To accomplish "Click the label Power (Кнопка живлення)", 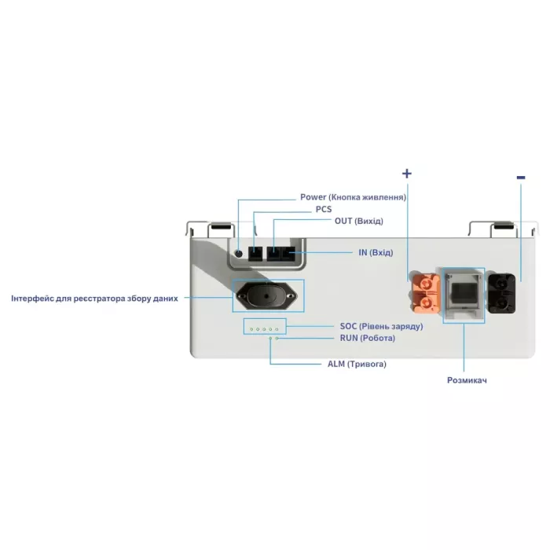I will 353,196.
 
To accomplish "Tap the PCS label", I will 324,209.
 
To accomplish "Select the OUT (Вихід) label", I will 358,222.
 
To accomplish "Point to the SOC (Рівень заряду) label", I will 381,325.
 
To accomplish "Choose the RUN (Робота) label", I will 367,338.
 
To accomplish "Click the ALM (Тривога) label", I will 356,365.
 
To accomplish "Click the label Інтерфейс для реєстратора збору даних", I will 94,299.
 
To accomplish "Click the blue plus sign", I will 407,173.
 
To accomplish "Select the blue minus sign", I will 520,178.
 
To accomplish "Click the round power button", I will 240,253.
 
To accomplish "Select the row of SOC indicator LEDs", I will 264,328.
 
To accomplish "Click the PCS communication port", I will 256,254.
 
